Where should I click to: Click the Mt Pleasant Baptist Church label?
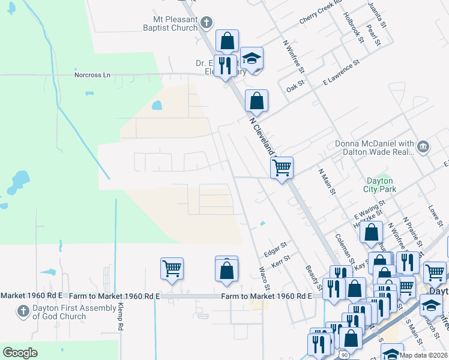coord(170,23)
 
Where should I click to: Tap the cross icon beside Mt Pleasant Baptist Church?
coord(206,23)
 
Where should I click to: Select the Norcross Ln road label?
coord(92,75)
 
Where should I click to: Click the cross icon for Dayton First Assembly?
coord(23,312)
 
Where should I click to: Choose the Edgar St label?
coord(277,247)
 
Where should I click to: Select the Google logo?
coord(20,353)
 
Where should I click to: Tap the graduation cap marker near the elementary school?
coord(253,58)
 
